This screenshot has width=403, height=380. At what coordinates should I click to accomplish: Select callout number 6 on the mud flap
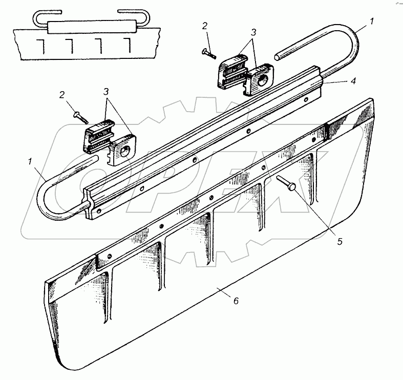236,301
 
